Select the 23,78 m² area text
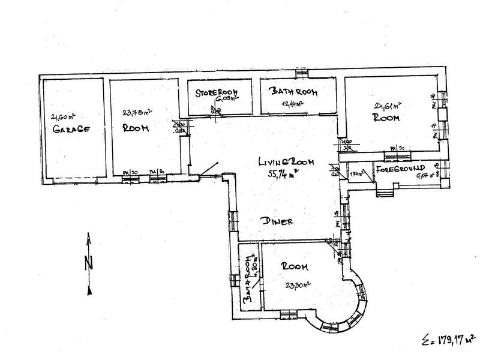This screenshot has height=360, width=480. click(x=136, y=112)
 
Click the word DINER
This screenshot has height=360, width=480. click(x=277, y=221)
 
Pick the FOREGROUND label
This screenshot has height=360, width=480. click(x=401, y=168)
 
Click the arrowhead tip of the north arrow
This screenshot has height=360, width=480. click(x=89, y=236)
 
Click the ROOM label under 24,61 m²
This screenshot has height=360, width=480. click(x=386, y=119)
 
